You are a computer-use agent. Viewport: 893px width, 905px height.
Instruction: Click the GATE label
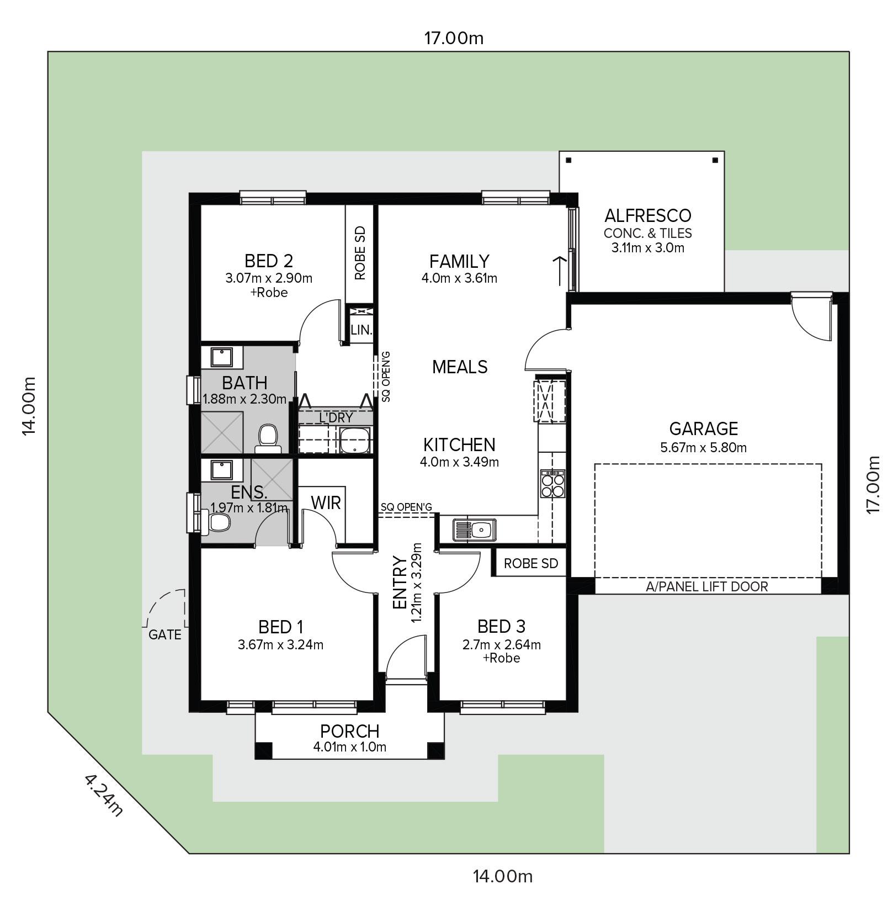165,635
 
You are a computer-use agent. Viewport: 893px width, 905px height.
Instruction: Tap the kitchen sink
475,530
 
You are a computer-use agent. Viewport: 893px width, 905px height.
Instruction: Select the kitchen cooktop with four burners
552,484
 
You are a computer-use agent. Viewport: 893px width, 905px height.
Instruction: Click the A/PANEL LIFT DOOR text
706,586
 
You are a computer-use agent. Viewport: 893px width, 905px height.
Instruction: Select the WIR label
326,503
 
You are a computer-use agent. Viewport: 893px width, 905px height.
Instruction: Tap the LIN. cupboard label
362,330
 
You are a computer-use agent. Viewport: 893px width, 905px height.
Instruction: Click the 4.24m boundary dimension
103,795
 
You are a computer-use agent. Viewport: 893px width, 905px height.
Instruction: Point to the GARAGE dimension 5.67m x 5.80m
703,448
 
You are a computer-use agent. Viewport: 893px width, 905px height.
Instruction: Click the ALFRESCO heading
648,215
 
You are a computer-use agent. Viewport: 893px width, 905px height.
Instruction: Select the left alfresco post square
568,161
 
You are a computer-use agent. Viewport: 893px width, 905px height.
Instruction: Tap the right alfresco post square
715,161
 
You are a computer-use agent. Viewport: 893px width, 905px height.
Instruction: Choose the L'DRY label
336,418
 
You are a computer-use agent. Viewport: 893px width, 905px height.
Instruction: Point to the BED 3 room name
501,627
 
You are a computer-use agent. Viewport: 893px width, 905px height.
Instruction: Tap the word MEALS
460,367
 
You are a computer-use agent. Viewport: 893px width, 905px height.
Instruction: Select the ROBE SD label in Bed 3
531,564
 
